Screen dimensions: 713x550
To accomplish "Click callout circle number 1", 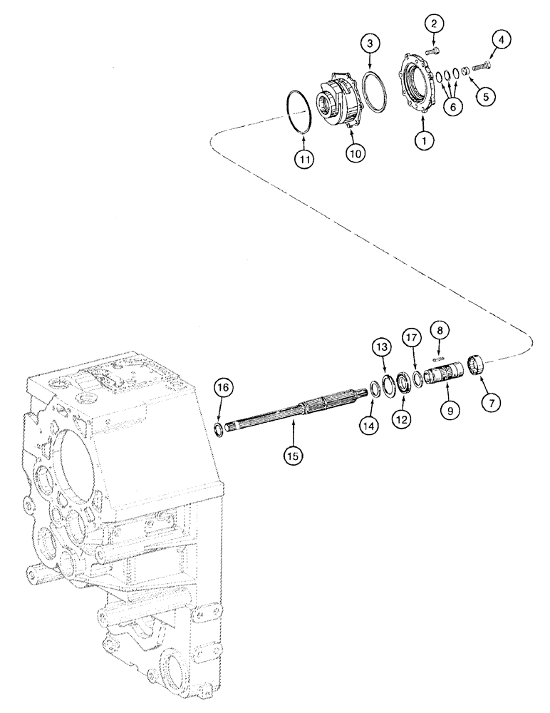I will click(425, 141).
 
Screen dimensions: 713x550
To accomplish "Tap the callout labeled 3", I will click(368, 44).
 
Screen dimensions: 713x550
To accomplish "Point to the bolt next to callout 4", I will click(479, 66).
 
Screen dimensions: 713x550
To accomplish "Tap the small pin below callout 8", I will click(440, 359).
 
